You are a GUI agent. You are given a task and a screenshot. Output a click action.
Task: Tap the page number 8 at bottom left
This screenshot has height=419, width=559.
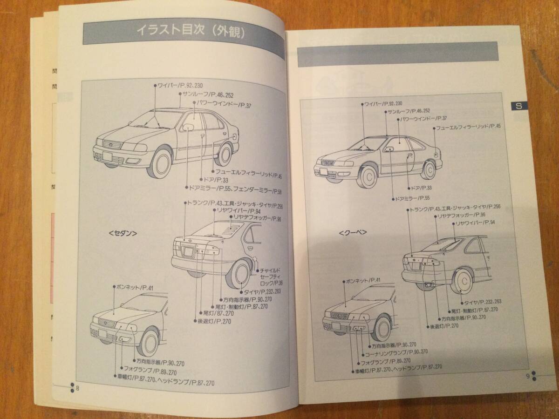78,389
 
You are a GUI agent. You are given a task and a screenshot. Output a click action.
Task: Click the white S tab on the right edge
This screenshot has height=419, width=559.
518,106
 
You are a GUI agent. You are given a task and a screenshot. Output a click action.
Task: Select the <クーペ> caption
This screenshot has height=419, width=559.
353,231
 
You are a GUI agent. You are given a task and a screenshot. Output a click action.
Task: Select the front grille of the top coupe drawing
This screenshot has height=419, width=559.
329,162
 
